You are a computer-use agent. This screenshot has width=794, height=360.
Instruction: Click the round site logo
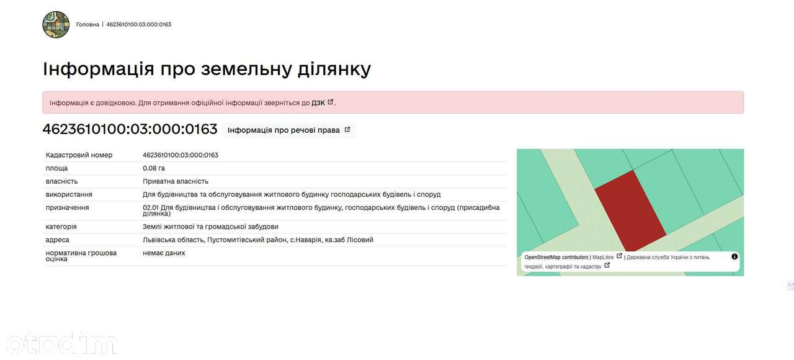[x=56, y=24]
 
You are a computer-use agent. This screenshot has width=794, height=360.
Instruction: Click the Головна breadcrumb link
[x=87, y=24]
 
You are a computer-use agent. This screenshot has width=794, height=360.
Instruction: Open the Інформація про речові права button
[x=289, y=130]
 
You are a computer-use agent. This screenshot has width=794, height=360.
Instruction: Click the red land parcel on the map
[x=631, y=210]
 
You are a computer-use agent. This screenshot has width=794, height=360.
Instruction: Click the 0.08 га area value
[x=154, y=168]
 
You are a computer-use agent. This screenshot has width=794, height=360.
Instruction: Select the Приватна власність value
[x=176, y=181]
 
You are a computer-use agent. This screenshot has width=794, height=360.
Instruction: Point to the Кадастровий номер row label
[x=79, y=155]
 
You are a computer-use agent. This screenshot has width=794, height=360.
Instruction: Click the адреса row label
[x=58, y=240]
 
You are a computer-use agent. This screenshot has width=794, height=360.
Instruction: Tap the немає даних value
[x=164, y=253]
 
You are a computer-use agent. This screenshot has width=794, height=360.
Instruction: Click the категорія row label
[x=61, y=227]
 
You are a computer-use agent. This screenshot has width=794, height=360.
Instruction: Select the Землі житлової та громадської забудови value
[x=210, y=227]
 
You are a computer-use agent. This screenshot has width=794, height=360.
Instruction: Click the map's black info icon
[x=734, y=256]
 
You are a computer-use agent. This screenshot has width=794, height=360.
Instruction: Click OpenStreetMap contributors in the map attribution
[x=556, y=257]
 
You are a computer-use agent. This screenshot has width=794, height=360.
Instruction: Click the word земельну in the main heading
[x=246, y=68]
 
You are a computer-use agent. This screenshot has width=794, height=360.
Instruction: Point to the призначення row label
[x=68, y=207]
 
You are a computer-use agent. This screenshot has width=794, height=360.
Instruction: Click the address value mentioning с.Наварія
[x=258, y=240]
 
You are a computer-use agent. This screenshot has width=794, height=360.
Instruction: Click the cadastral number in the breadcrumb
[x=138, y=24]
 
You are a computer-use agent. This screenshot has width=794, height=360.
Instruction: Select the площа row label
[x=56, y=168]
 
